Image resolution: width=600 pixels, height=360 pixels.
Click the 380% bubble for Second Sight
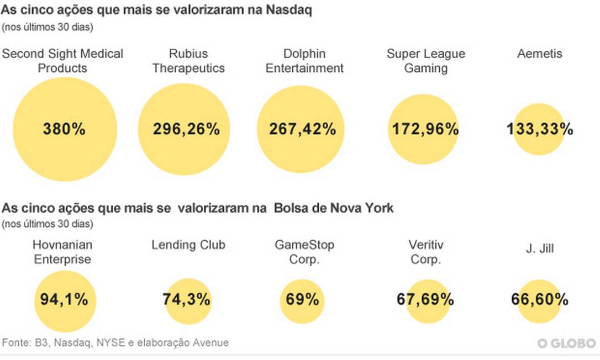(x=65, y=130)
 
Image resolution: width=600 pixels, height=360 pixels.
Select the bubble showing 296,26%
(x=186, y=130)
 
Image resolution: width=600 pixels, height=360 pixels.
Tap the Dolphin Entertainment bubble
(x=302, y=130)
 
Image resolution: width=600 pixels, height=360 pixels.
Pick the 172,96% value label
(x=425, y=129)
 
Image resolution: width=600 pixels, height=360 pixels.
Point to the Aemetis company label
(x=539, y=54)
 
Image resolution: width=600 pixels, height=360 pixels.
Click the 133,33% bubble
(x=539, y=129)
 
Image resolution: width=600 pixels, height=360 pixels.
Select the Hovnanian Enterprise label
(x=62, y=252)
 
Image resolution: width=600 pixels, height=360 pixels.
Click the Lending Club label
(x=188, y=245)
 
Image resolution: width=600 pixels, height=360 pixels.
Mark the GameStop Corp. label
(x=304, y=252)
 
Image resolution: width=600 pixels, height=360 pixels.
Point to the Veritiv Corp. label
(x=425, y=252)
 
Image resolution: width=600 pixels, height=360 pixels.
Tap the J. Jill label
(x=539, y=249)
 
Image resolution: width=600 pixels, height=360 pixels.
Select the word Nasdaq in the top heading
(x=288, y=10)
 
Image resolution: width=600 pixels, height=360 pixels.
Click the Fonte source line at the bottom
(x=115, y=343)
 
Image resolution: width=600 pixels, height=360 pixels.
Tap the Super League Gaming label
(x=426, y=61)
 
